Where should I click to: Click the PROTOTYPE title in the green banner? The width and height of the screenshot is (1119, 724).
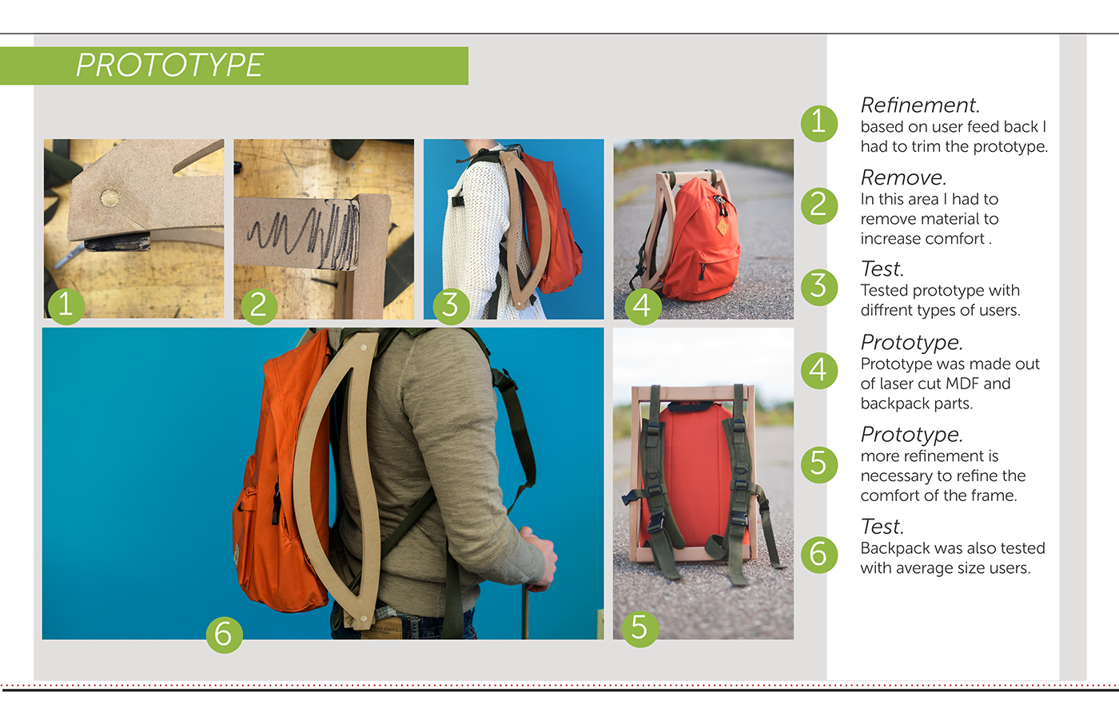click(169, 66)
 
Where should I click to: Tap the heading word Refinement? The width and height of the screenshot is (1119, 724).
click(920, 105)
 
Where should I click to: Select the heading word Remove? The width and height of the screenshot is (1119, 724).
click(903, 177)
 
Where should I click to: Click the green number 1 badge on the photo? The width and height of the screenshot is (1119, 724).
click(66, 305)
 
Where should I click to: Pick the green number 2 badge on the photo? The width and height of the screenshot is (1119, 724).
click(259, 305)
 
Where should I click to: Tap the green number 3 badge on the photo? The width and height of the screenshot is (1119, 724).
click(451, 305)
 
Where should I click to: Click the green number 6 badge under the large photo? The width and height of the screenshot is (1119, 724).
click(225, 634)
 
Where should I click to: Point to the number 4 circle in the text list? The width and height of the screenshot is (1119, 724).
click(819, 371)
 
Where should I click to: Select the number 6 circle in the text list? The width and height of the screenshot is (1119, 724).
click(819, 555)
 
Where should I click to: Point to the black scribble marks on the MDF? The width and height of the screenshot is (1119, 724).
click(305, 233)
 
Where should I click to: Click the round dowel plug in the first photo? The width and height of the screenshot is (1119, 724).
click(110, 197)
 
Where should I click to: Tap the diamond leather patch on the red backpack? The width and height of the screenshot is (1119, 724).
click(722, 227)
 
